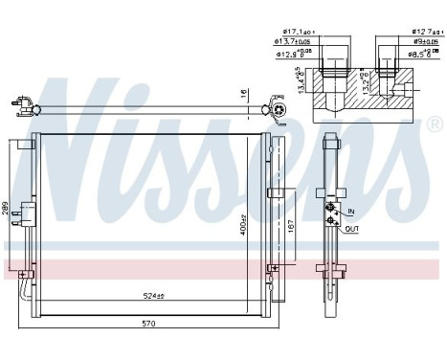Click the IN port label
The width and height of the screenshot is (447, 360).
click(350, 210)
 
